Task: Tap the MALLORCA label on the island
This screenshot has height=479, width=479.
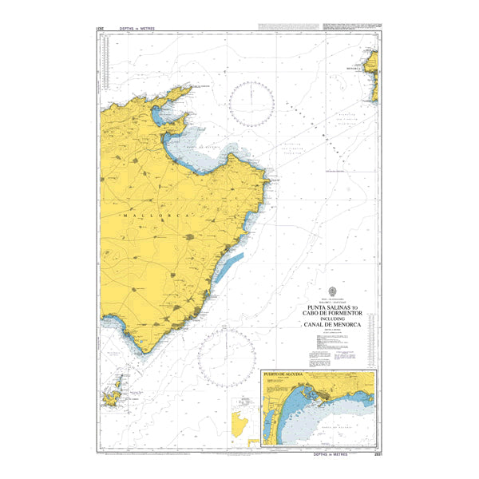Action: tap(156, 216)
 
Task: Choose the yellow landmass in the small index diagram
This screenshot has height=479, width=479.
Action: tap(237, 426)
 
